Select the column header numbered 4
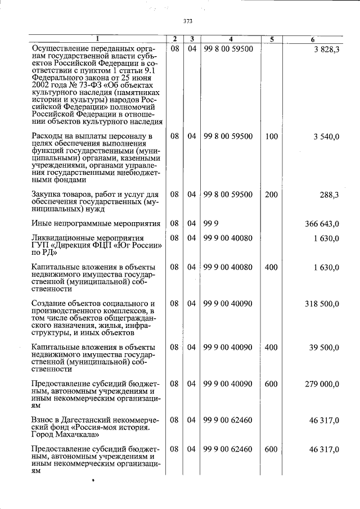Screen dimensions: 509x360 231,39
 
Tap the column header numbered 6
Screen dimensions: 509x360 313,39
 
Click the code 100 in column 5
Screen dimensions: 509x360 271,137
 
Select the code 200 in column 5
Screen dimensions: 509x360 271,195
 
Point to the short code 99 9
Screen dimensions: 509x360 210,224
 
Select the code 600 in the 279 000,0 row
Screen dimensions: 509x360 271,384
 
